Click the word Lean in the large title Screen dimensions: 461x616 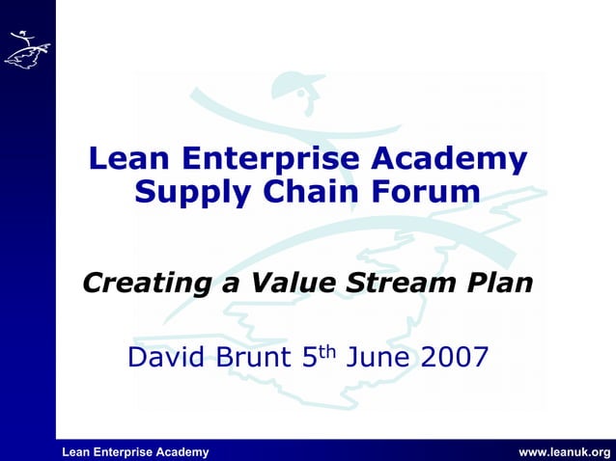click(x=124, y=158)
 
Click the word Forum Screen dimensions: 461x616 click(x=426, y=192)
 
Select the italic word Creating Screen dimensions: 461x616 click(x=145, y=285)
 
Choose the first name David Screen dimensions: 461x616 click(x=170, y=359)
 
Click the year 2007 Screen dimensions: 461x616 click(x=455, y=359)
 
